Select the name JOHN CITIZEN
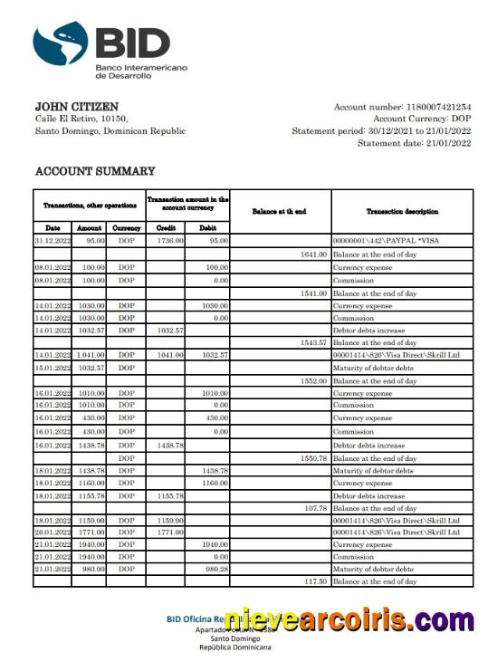(x=76, y=107)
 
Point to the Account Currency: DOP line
(x=421, y=119)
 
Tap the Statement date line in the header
(x=414, y=142)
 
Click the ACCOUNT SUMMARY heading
(x=94, y=171)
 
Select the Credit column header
(x=166, y=227)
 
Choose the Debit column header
(x=208, y=227)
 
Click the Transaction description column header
(x=402, y=211)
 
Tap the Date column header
(x=53, y=227)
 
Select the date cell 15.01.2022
(x=53, y=368)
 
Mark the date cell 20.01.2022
(x=53, y=532)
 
